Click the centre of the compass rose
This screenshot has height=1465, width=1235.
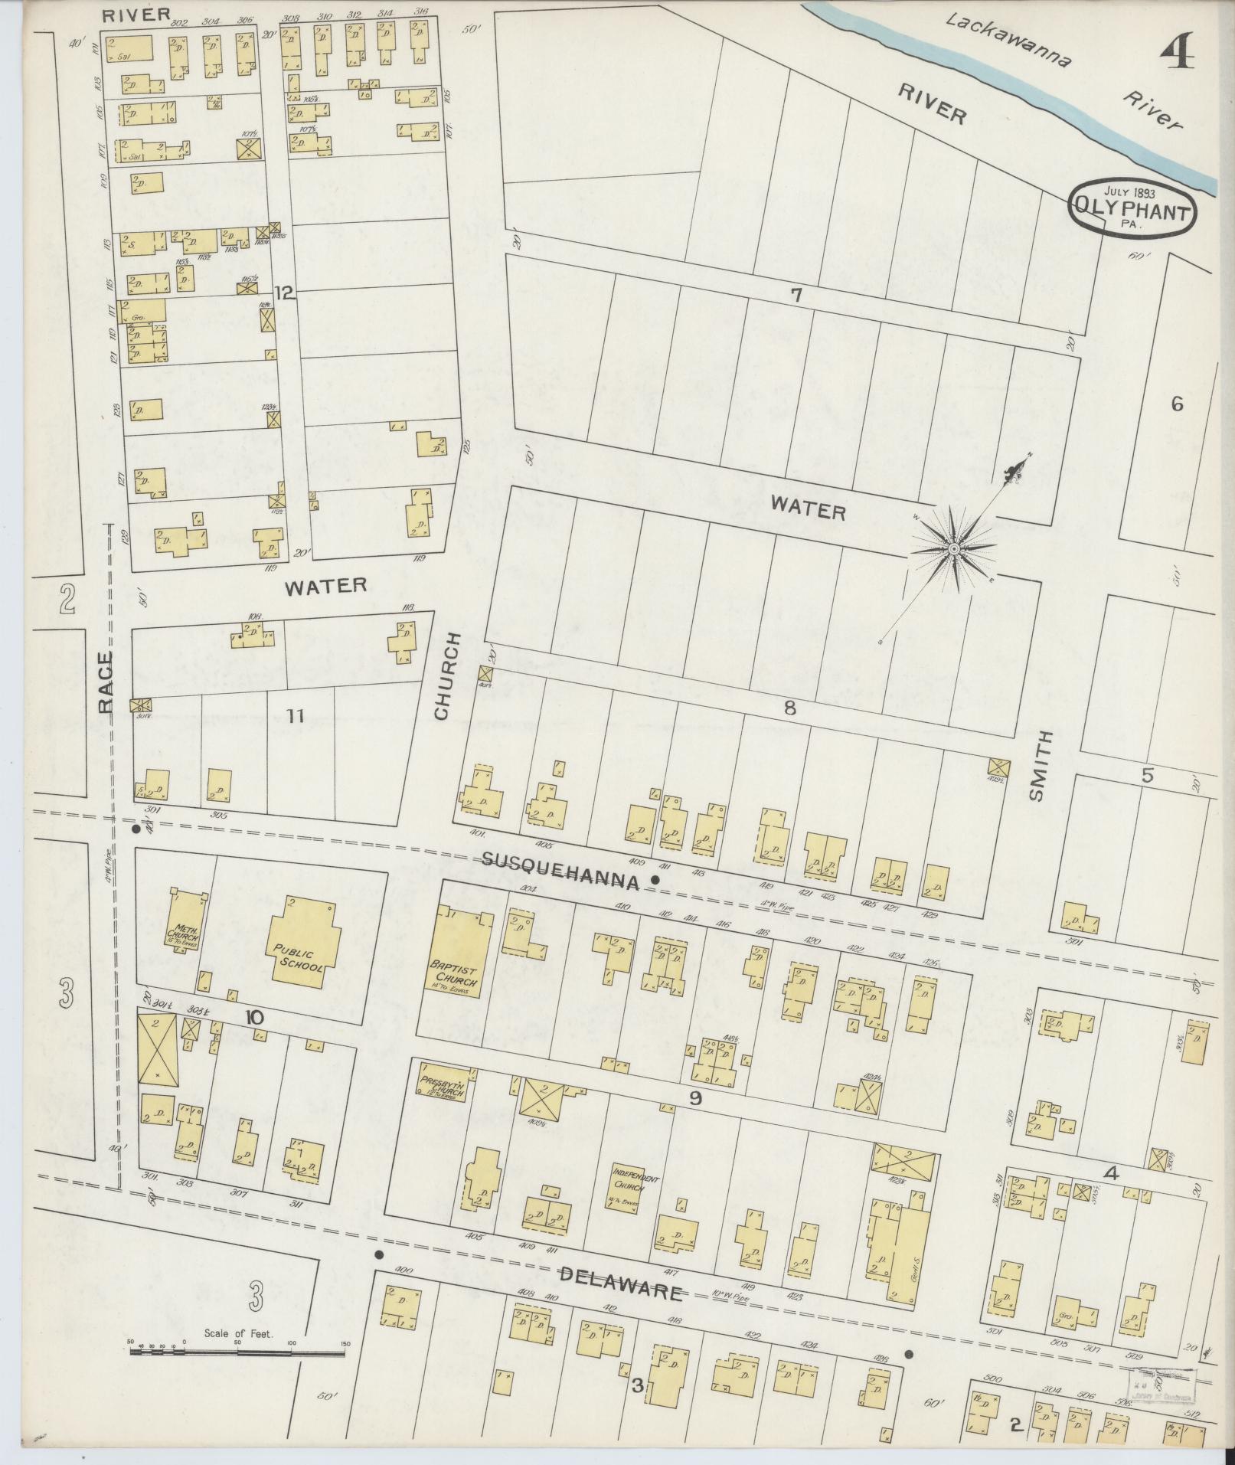pos(954,550)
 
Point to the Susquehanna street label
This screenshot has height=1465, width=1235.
pos(560,870)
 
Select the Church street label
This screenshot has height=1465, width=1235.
pos(445,676)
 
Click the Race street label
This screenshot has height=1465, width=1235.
pos(106,682)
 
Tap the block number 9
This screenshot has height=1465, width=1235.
pos(695,1098)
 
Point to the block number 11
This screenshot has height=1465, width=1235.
pos(296,716)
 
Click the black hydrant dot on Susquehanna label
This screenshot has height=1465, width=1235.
pos(655,880)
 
